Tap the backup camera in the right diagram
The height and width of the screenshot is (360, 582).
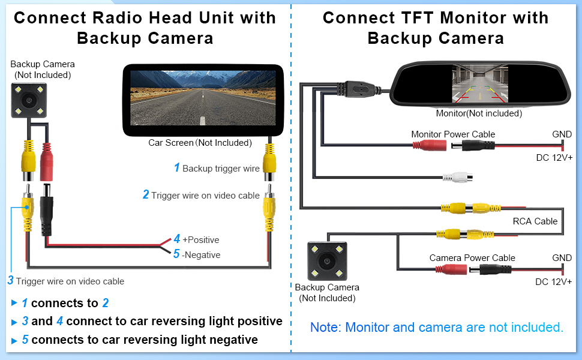point(327,260)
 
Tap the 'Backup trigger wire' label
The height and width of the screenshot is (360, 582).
point(221,169)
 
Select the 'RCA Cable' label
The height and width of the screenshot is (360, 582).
point(535,221)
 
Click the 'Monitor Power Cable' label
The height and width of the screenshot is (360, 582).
point(453,134)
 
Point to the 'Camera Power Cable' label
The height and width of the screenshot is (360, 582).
point(472,258)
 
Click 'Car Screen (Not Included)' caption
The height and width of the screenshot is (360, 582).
point(200,143)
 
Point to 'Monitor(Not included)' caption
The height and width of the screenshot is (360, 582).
point(479,113)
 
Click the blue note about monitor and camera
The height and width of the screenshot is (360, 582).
point(436,328)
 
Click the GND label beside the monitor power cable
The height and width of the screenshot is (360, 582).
point(562,134)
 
